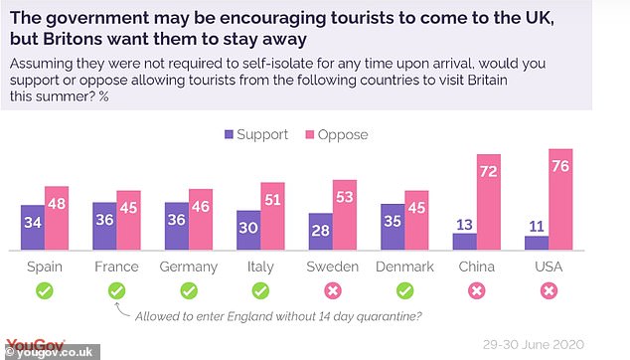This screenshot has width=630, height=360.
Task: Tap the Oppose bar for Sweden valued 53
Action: [345, 214]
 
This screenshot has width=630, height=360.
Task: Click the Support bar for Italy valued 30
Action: [248, 230]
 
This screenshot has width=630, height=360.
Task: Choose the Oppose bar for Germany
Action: [201, 219]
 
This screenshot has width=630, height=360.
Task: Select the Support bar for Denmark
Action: [393, 226]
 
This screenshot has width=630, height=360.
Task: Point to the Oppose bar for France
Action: [129, 220]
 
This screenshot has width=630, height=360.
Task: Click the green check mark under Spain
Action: [45, 291]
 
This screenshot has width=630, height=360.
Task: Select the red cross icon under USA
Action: [549, 291]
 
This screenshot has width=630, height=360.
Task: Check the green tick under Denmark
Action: [404, 291]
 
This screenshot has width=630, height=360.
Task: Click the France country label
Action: [117, 268]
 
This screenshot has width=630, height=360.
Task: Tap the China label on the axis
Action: [477, 268]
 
